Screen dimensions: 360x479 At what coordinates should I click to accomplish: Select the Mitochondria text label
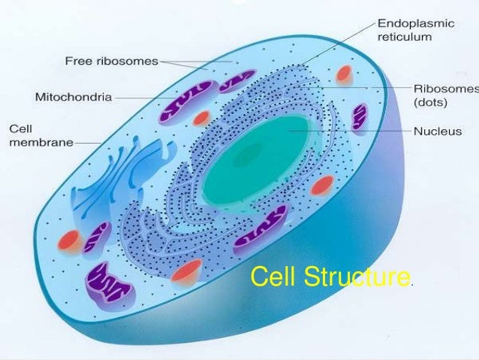tap(74, 97)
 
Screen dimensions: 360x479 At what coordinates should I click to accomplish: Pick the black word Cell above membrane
tap(20, 129)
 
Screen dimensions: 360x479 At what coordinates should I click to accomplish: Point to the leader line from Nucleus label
tap(353, 131)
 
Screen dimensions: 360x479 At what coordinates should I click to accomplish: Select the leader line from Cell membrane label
tap(89, 143)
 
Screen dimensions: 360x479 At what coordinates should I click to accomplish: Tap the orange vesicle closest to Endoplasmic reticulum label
tap(344, 74)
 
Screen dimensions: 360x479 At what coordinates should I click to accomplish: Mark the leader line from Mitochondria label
tap(139, 97)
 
